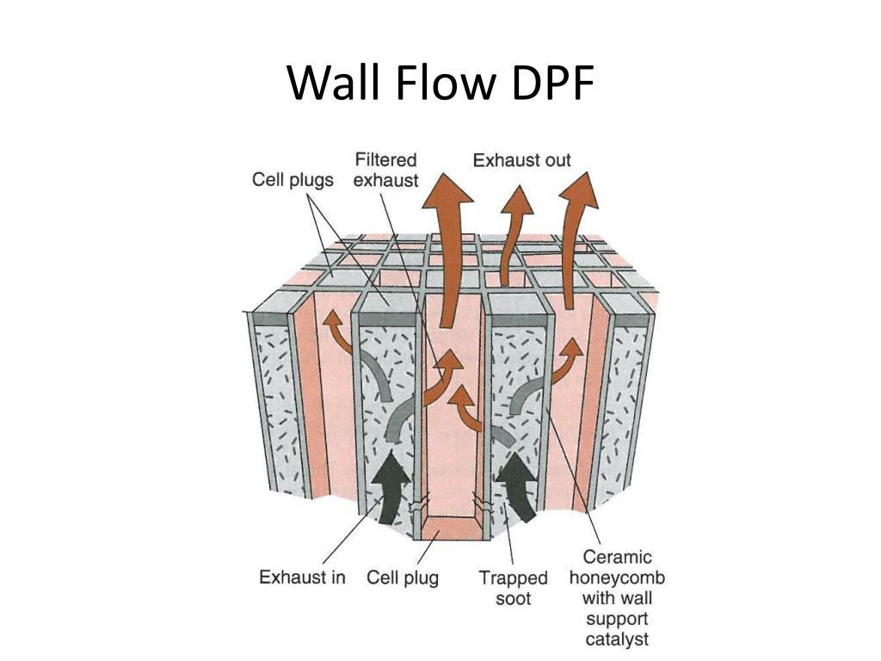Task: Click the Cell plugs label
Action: coord(293,180)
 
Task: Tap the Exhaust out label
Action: coord(521,160)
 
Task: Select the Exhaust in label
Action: coord(302,577)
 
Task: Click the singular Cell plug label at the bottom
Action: coord(402,577)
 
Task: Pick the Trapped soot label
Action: coord(513,587)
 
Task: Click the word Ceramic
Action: coord(617,557)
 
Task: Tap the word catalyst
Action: coord(617,639)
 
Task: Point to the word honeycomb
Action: coord(617,577)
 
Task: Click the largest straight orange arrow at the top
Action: coord(447,250)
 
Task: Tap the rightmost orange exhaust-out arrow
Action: coord(575,232)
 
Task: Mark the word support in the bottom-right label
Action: coord(617,618)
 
